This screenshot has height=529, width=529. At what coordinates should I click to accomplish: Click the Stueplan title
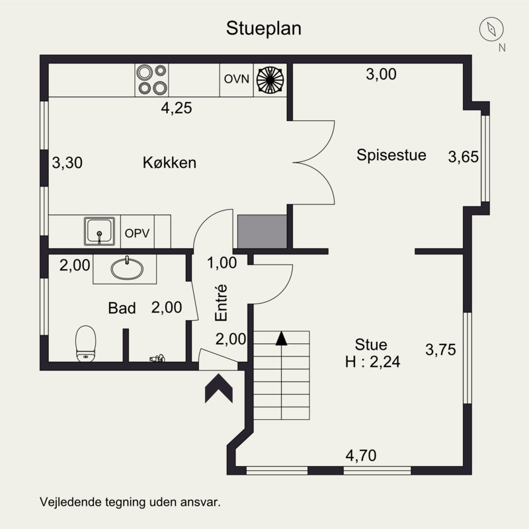tap(263, 28)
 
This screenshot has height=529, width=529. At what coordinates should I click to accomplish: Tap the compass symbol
tap(491, 29)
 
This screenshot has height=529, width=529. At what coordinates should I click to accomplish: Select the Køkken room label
tap(169, 163)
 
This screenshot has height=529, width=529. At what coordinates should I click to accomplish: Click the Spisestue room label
tap(391, 155)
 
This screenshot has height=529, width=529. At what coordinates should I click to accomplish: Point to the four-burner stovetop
tap(152, 80)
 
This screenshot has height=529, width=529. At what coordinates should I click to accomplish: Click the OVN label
tap(237, 79)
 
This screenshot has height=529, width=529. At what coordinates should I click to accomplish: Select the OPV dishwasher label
tap(137, 233)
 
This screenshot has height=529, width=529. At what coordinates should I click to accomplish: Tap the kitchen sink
tap(99, 231)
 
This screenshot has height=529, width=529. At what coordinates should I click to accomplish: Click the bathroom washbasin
tap(127, 269)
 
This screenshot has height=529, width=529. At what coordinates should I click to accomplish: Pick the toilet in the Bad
tap(86, 344)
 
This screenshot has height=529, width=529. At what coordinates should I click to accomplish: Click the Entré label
tap(222, 303)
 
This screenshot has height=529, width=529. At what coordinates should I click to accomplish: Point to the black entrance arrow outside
tap(219, 388)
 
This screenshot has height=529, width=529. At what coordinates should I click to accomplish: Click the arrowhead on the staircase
tap(282, 339)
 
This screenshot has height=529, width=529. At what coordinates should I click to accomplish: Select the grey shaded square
tap(262, 231)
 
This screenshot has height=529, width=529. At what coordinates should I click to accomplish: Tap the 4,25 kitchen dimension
tap(177, 108)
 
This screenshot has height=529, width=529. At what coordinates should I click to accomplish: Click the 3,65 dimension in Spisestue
tap(464, 157)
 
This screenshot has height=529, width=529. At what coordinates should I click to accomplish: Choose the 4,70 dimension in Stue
tap(361, 456)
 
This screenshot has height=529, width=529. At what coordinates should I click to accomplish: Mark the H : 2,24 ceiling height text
tap(372, 362)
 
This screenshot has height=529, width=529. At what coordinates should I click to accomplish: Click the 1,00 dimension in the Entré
tap(222, 263)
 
